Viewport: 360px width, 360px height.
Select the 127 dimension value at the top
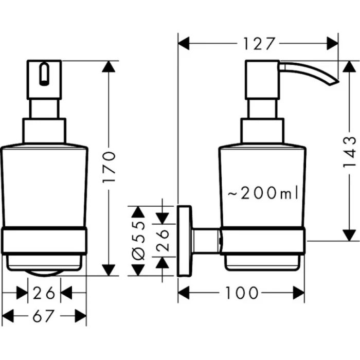[258, 44]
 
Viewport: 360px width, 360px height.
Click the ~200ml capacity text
[263, 194]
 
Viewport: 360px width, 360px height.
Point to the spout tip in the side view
[335, 80]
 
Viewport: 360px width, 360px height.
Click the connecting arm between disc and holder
[207, 241]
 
